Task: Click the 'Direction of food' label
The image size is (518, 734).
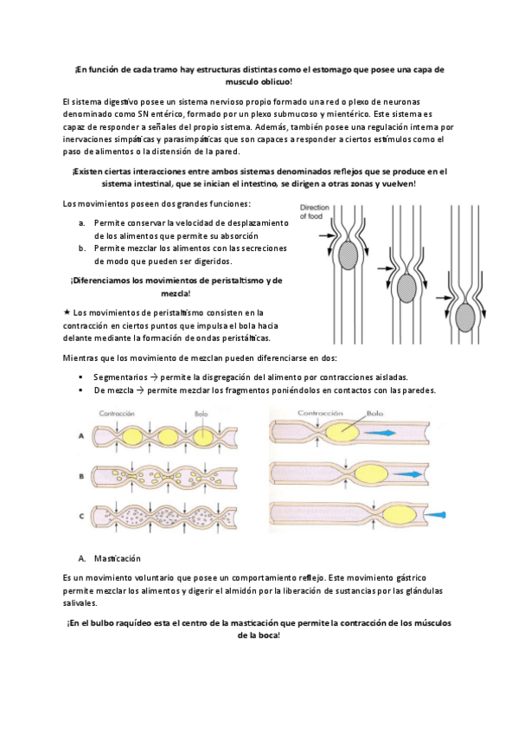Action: coord(314,211)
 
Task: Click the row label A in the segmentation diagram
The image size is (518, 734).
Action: coord(81,435)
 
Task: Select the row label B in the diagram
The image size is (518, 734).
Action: coord(81,477)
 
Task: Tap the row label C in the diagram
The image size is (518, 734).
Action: coord(81,516)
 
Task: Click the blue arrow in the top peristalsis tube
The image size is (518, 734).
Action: coord(380,433)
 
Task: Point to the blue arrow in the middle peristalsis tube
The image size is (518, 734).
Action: coord(407,474)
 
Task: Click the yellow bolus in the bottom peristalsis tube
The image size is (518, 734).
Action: coord(399,515)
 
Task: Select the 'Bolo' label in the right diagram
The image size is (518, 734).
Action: coord(374,414)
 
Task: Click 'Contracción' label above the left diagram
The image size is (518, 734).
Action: coord(117,414)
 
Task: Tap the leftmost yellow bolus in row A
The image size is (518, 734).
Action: coord(127,437)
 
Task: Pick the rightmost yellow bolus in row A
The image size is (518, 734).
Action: coord(203,437)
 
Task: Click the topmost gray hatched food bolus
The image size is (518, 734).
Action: coord(349,254)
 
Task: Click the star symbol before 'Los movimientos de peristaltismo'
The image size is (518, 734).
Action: coord(67,312)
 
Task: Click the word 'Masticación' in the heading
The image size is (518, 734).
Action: coord(118,558)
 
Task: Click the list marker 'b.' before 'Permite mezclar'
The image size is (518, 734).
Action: coord(82,248)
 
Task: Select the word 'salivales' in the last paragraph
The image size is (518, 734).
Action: coord(79,603)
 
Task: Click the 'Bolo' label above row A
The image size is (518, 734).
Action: coord(201,414)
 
